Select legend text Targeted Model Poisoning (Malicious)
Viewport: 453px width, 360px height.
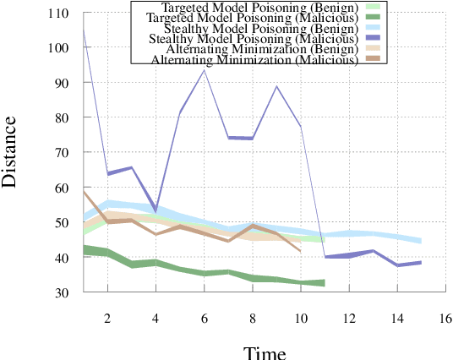click(250, 18)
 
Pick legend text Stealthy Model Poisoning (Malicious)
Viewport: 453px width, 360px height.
click(250, 39)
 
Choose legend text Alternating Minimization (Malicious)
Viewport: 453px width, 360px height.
click(250, 60)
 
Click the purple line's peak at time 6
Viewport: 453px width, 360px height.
click(204, 69)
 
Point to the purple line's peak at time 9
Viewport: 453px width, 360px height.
click(276, 86)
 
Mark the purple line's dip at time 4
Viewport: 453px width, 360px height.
click(156, 210)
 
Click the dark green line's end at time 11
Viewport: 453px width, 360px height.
click(325, 283)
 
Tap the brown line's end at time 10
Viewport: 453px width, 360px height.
click(300, 251)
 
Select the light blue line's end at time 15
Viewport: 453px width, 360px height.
click(421, 241)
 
